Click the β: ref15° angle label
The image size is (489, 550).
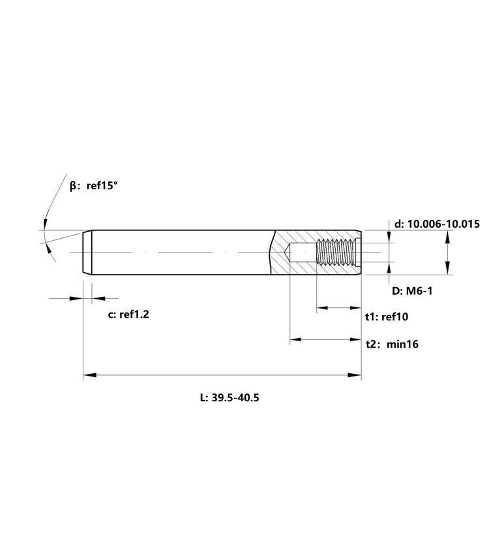coord(93,185)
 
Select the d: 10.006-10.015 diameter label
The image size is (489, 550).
coord(437,224)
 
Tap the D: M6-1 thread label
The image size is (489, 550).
coord(412,291)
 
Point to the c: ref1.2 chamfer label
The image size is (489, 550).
coord(128,314)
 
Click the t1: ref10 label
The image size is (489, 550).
coord(387,316)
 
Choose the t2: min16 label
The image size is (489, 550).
coord(393,344)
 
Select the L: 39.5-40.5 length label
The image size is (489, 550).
coord(230,397)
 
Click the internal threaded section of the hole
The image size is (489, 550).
coord(336,252)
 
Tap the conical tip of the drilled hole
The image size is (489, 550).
coord(287,252)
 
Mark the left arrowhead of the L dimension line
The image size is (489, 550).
coord(90,375)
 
